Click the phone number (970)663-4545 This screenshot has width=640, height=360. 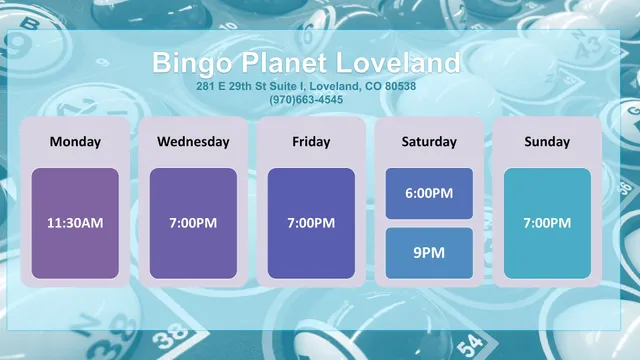point(306,99)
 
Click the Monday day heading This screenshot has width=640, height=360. point(75,141)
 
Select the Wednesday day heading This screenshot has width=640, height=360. point(193,141)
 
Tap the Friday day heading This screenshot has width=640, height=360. point(311,141)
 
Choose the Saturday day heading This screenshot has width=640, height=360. point(429,141)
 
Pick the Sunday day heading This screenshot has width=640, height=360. point(547,141)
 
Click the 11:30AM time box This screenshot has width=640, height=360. point(75,222)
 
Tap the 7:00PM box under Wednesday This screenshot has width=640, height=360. point(193,222)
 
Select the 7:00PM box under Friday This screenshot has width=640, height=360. point(311,222)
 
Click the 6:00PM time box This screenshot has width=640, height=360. point(429,193)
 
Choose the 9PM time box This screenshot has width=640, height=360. point(429,252)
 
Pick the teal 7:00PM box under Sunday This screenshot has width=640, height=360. point(547,222)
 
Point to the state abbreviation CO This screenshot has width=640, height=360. point(371,86)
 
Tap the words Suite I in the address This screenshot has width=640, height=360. point(273,86)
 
